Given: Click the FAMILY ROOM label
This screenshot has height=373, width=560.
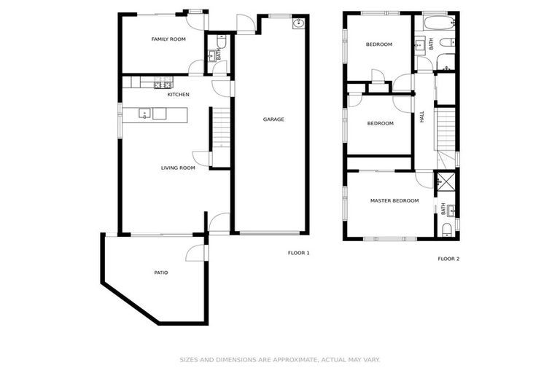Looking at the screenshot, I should (x=168, y=39).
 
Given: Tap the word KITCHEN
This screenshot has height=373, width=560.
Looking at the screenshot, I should (x=179, y=95).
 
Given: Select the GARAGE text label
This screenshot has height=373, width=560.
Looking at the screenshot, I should (x=273, y=119).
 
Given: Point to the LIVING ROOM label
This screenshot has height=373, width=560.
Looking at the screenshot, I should (x=178, y=168).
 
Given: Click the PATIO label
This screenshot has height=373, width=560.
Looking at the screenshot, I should (x=160, y=272).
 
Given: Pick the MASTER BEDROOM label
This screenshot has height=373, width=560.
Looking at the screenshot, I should (x=394, y=200).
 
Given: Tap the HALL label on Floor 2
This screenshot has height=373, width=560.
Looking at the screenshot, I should (x=421, y=117).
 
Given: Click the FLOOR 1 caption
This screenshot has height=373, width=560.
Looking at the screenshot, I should (x=299, y=253).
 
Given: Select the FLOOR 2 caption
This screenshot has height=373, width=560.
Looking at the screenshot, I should (x=448, y=259).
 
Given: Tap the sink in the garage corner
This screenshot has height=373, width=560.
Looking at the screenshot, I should (x=297, y=23).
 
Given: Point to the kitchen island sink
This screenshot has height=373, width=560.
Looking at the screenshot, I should (x=145, y=114).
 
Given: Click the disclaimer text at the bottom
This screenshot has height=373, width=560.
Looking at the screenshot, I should (x=280, y=359).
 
